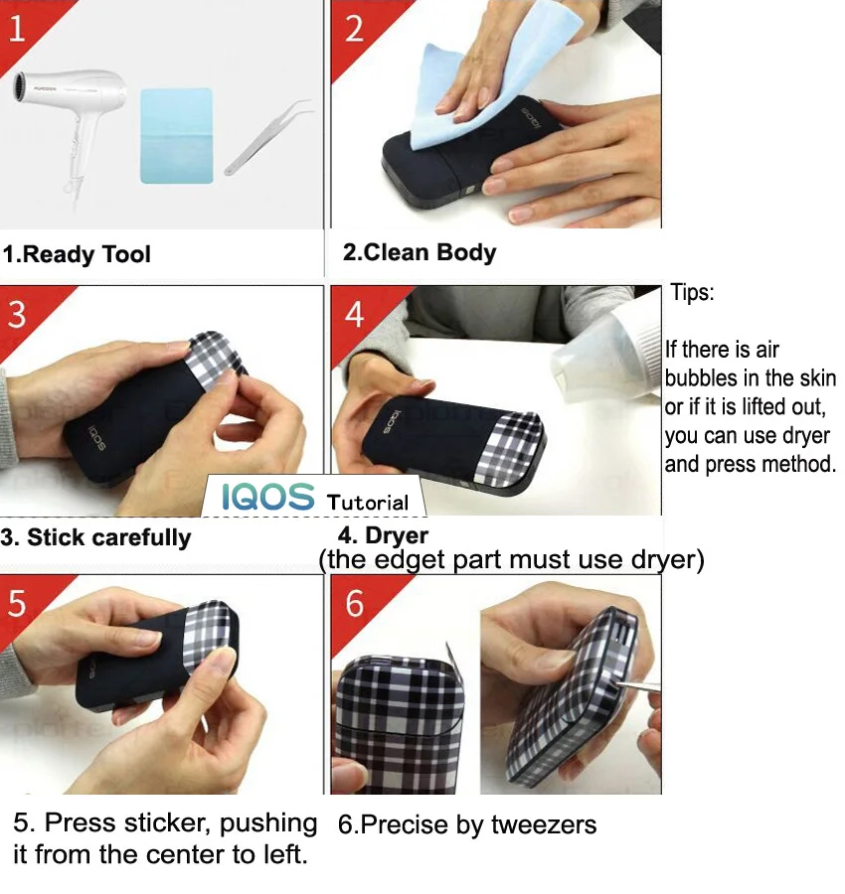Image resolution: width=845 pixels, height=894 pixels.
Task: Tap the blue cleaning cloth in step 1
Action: click(177, 136)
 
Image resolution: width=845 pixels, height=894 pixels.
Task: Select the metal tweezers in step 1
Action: click(268, 137)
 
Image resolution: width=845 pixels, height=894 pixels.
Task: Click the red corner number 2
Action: click(354, 29)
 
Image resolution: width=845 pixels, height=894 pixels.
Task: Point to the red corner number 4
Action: click(354, 314)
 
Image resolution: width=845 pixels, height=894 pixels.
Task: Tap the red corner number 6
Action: click(354, 603)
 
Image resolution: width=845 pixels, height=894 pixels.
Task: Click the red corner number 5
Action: click(17, 603)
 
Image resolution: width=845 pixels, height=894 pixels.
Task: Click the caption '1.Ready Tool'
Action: click(77, 254)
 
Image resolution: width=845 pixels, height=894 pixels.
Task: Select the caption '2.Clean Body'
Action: click(420, 252)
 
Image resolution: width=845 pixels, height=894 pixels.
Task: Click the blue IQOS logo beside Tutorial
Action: click(267, 496)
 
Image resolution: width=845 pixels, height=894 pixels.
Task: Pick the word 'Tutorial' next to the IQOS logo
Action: click(368, 503)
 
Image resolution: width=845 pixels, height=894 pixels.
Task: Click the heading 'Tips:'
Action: click(692, 292)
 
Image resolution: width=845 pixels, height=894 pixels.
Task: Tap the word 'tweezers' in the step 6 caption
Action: click(544, 825)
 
